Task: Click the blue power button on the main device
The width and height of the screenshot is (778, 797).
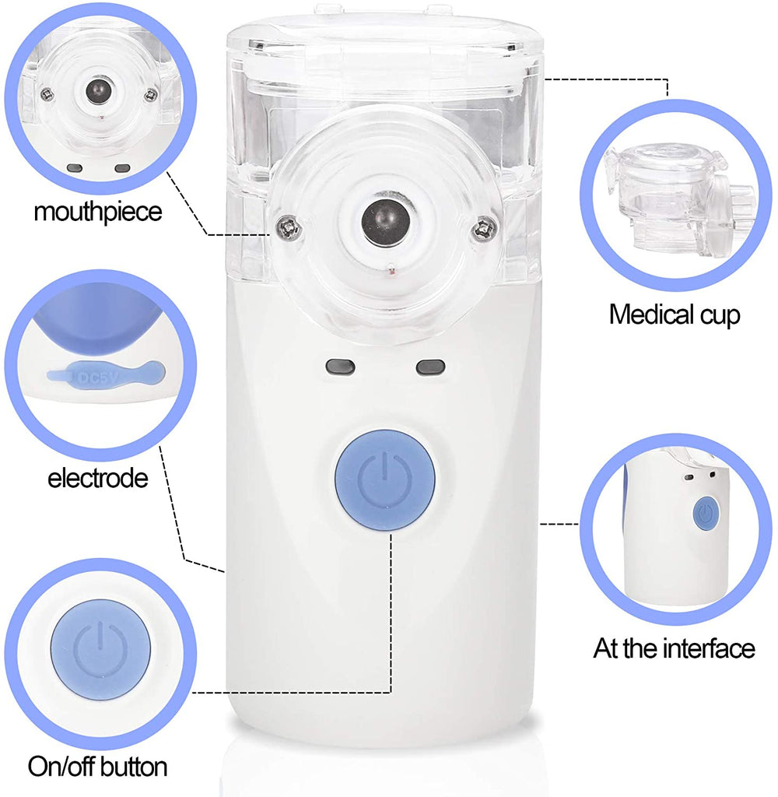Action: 384,479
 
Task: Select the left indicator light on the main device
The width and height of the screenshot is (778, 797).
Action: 340,367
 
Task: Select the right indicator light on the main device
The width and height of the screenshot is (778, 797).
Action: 430,367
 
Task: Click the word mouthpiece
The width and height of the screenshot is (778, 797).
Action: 98,212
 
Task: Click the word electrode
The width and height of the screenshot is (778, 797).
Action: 98,479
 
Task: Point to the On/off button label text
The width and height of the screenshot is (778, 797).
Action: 97,767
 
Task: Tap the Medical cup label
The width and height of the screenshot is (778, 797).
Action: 675,314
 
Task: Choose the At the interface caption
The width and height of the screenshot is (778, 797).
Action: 675,648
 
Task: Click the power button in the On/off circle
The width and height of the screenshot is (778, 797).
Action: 100,650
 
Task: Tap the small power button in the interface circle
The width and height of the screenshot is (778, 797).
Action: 706,514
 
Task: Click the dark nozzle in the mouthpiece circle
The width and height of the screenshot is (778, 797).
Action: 99,91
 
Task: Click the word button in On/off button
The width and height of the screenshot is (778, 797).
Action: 131,767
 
